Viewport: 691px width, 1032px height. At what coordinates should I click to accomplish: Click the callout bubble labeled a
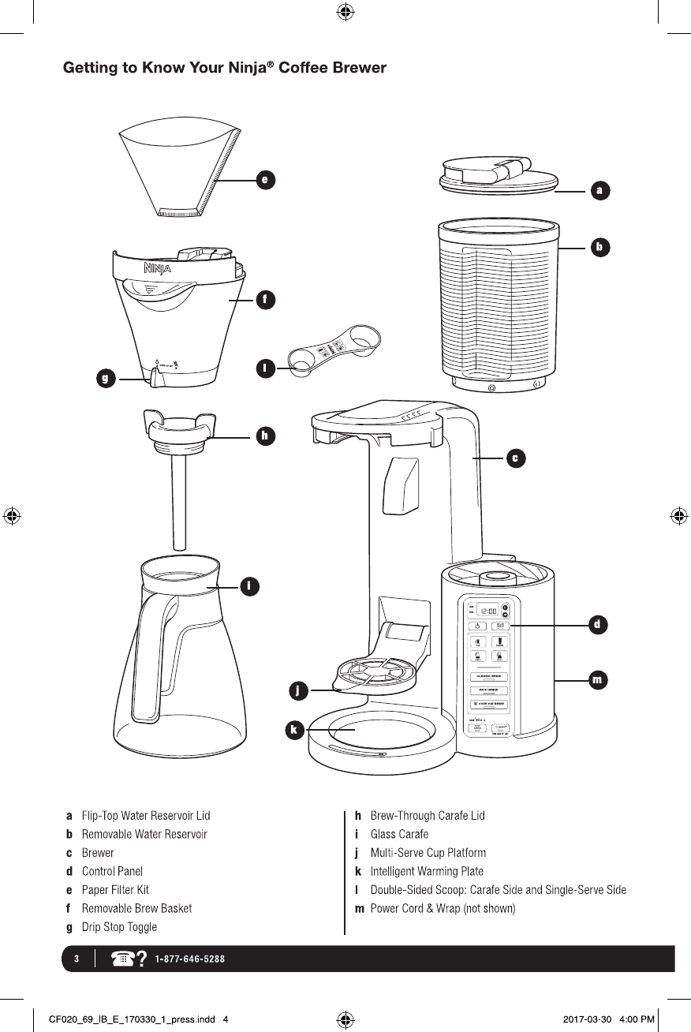600,190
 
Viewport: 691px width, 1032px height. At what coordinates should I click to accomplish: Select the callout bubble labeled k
293,730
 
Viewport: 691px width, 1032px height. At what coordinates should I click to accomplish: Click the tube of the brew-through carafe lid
179,505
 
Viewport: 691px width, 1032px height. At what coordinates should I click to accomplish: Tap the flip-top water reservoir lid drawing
496,175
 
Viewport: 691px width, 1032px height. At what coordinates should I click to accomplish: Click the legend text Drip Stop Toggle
119,927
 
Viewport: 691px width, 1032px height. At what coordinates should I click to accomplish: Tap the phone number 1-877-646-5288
190,959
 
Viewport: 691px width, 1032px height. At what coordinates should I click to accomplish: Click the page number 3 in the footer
77,959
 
